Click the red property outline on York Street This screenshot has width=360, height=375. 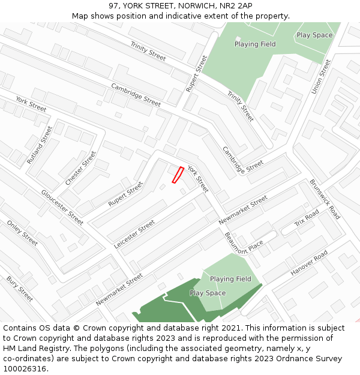click(x=178, y=175)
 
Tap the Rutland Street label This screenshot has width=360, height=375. click(x=40, y=145)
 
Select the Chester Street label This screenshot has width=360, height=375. click(x=80, y=168)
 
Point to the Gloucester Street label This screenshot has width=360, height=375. click(x=62, y=207)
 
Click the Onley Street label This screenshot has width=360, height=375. click(x=22, y=233)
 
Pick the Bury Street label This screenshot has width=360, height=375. click(x=20, y=288)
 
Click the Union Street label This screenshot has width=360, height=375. click(x=321, y=76)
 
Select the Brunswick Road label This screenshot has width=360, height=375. click(x=325, y=199)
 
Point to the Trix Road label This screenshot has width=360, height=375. click(x=307, y=219)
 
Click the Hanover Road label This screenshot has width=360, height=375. click(x=310, y=263)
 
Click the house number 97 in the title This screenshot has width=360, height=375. click(x=114, y=5)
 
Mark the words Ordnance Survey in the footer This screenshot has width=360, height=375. click(x=309, y=359)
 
